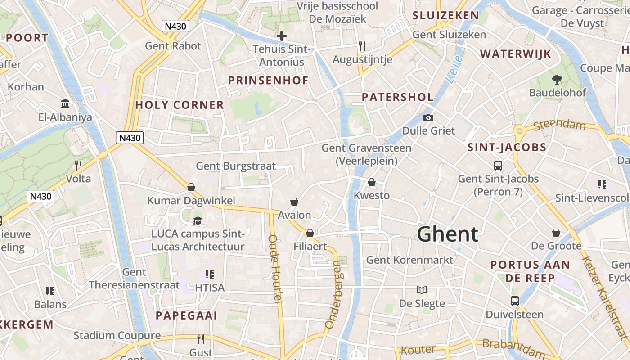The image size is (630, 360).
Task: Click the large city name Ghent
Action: coord(447,234)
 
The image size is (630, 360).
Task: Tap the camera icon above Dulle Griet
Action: coord(428,118)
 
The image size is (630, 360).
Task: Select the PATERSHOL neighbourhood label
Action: coord(398,97)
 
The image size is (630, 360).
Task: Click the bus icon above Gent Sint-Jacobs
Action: coord(498,165)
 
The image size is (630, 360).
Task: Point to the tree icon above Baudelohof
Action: coord(557,80)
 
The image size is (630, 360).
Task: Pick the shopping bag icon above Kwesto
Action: coord(372,182)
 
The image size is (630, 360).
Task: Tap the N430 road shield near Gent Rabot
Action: coord(175,26)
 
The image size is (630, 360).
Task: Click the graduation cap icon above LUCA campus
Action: coord(198,220)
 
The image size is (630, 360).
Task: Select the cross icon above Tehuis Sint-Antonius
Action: coord(282,36)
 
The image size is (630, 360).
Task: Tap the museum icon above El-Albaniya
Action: coord(65,104)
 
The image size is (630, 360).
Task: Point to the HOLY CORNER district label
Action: coord(180,105)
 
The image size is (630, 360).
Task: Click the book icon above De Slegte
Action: coord(422,290)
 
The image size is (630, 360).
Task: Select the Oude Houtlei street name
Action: coord(275,269)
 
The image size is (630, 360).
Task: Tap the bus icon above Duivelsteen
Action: coord(515,301)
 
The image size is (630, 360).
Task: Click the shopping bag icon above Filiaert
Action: coord(310,233)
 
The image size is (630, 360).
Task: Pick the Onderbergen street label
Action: coord(334,294)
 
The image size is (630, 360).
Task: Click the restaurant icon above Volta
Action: coord(78,165)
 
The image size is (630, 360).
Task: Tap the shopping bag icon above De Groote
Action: coord(557,233)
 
